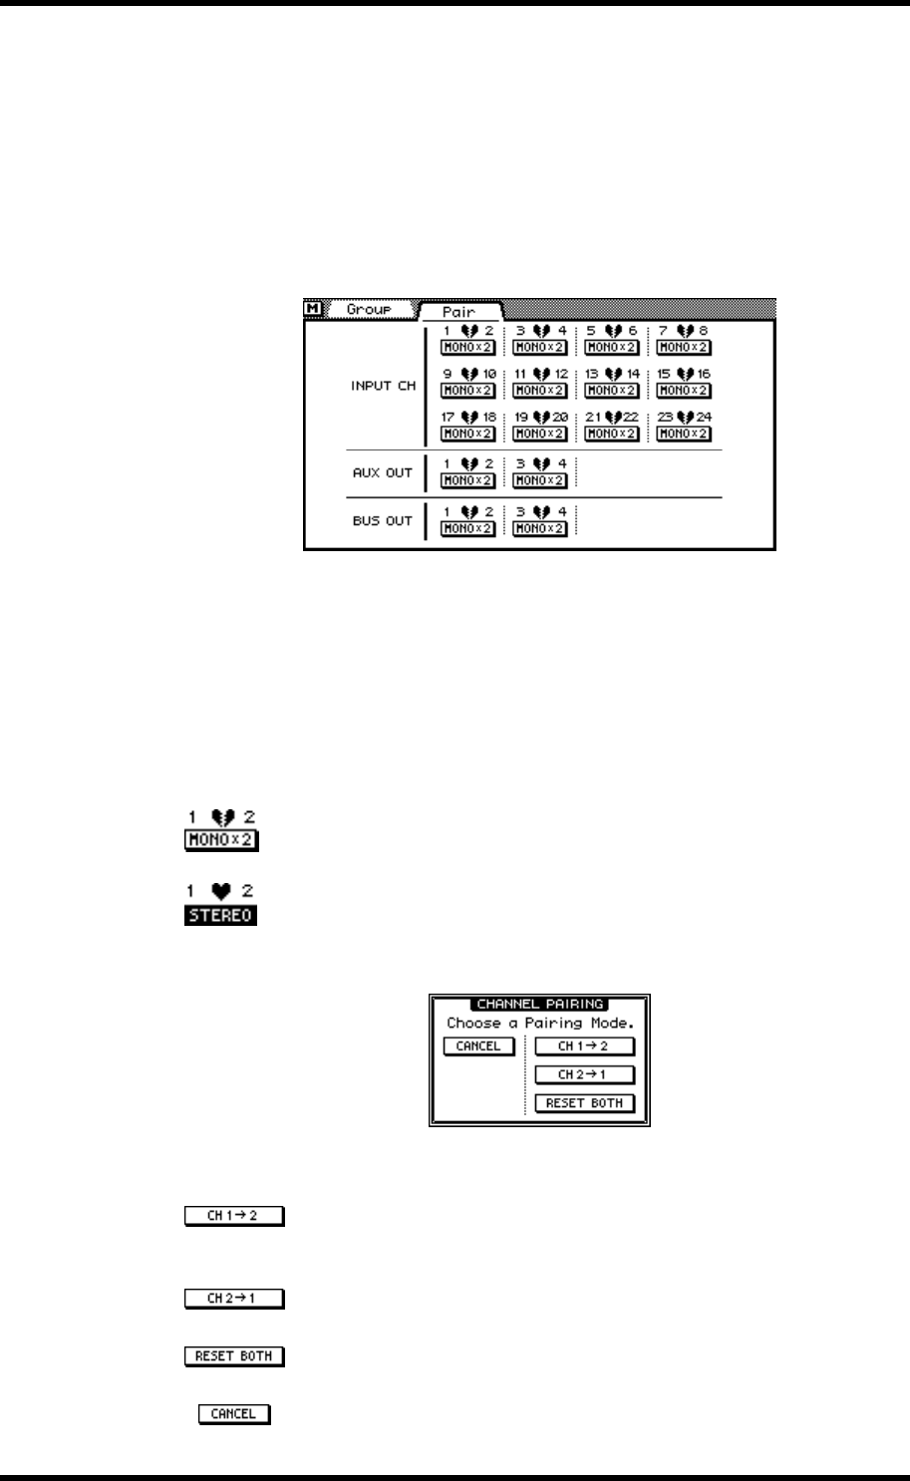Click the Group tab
pos(368,310)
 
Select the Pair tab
pos(458,311)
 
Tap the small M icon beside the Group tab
pos(313,309)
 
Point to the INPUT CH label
pos(384,386)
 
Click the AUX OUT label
pos(383,472)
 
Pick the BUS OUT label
pos(383,520)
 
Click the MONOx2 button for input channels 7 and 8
pos(684,348)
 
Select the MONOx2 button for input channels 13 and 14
pos(612,391)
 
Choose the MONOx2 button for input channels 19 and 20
pos(540,434)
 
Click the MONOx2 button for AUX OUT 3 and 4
pos(540,480)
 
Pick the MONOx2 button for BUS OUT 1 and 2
pos(468,528)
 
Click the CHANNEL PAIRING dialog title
pos(539,1004)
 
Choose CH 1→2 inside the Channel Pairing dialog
pos(584,1046)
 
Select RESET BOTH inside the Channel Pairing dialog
pos(584,1103)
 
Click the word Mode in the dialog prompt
pos(609,1023)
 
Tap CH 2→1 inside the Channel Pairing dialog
pos(584,1074)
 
